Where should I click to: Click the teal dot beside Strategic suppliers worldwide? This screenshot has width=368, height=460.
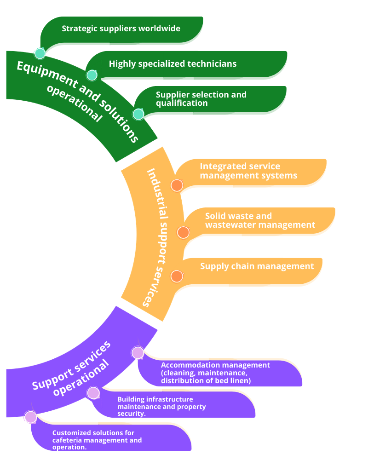40,53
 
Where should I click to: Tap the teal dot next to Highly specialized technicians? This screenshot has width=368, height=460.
92,75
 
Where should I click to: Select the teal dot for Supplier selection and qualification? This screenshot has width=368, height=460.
138,114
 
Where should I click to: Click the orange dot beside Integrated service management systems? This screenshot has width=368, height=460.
177,185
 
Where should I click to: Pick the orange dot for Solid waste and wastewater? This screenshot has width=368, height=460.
183,232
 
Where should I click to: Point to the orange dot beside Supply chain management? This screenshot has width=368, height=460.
177,276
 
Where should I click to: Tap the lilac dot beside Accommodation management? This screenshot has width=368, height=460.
138,353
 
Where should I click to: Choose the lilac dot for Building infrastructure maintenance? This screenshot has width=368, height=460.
93,393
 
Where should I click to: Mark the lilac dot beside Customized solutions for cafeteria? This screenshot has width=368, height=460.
31,417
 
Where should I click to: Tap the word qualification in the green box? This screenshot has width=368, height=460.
182,103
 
